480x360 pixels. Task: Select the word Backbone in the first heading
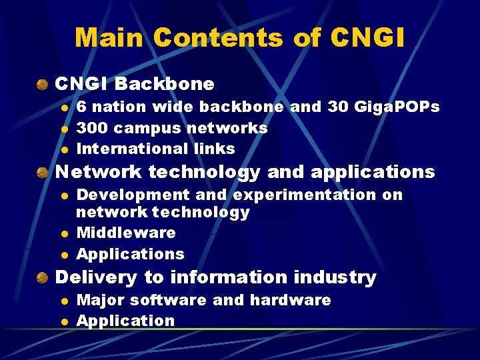click(165, 84)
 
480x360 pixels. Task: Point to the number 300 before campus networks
click(92, 127)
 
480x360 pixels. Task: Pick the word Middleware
click(126, 233)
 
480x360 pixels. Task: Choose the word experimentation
click(303, 195)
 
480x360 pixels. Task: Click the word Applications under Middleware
click(131, 254)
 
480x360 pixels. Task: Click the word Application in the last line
click(125, 321)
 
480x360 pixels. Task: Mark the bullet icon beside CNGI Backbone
click(43, 85)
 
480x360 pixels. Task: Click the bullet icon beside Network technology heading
click(43, 172)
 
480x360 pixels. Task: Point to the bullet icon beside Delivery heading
click(43, 277)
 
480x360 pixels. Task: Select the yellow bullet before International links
click(64, 149)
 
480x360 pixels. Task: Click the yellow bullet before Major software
click(64, 301)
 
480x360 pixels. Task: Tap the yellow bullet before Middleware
click(64, 233)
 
